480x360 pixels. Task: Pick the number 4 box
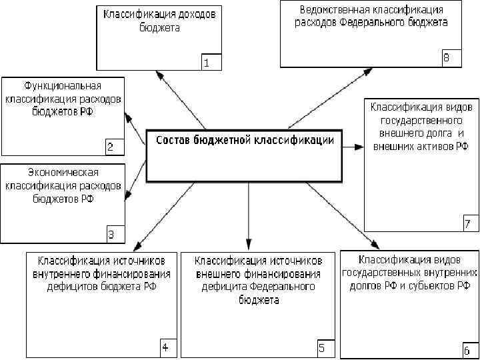point(165,347)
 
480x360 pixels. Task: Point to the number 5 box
point(321,347)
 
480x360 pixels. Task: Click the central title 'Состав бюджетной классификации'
point(245,140)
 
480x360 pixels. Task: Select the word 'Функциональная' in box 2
point(63,86)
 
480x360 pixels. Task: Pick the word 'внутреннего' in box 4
point(63,273)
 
